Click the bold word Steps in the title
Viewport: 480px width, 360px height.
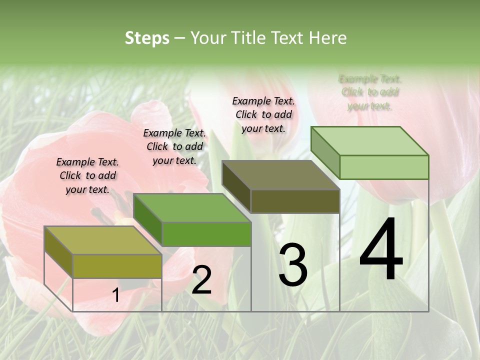pyautogui.click(x=147, y=38)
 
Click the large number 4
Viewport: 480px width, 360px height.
pyautogui.click(x=381, y=250)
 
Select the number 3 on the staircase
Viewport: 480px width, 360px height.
pyautogui.click(x=292, y=264)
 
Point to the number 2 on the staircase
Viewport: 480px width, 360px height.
pyautogui.click(x=201, y=280)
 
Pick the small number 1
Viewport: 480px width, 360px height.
pyautogui.click(x=116, y=295)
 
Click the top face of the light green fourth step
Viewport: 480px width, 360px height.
pyautogui.click(x=370, y=141)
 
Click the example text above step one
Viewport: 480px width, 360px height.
pyautogui.click(x=87, y=175)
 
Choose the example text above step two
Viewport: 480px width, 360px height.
pyautogui.click(x=174, y=146)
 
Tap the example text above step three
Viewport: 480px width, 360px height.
pyautogui.click(x=263, y=114)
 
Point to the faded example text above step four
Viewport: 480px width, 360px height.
pyautogui.click(x=369, y=92)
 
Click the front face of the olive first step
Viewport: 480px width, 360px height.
pyautogui.click(x=117, y=266)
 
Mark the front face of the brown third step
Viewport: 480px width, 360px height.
pyautogui.click(x=295, y=201)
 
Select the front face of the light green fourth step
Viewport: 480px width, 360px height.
pyautogui.click(x=384, y=167)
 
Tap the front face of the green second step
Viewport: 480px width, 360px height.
pyautogui.click(x=206, y=234)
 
